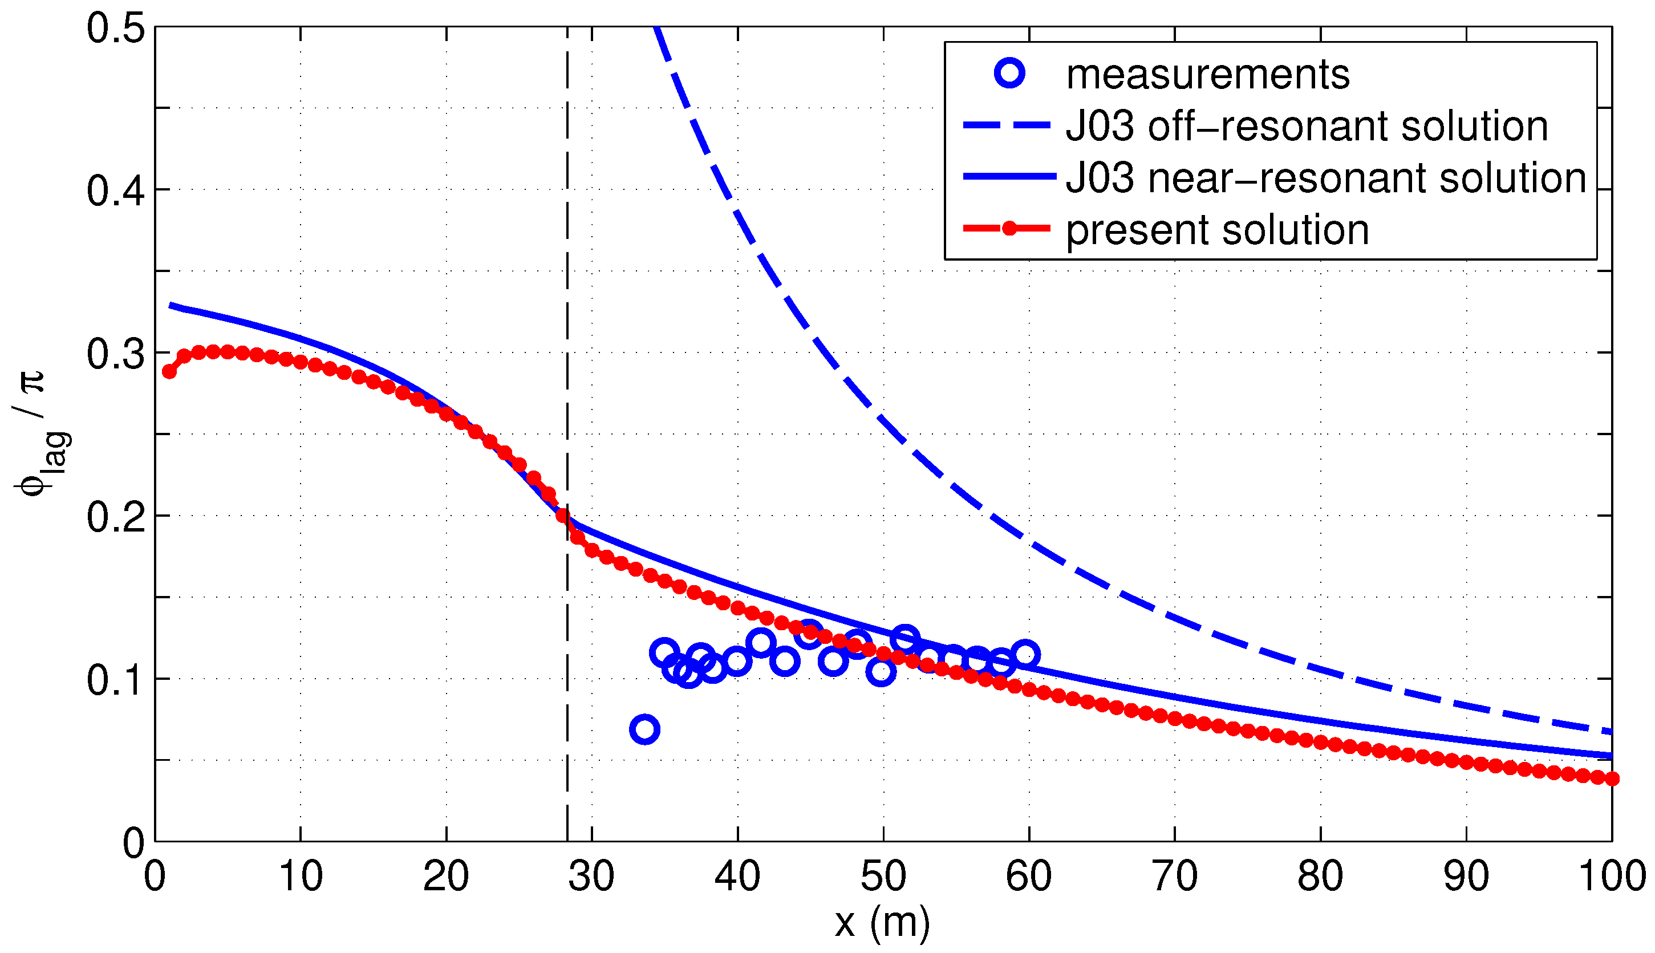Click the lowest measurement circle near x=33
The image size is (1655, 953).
pyautogui.click(x=644, y=729)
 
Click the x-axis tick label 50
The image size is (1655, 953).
pyautogui.click(x=883, y=877)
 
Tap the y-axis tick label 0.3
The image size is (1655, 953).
pyautogui.click(x=116, y=354)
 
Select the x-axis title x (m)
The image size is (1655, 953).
pyautogui.click(x=882, y=923)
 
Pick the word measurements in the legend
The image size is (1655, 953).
pyautogui.click(x=1207, y=75)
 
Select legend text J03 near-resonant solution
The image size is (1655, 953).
pyautogui.click(x=1326, y=178)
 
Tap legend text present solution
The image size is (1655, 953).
pyautogui.click(x=1217, y=230)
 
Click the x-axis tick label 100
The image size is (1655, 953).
pyautogui.click(x=1612, y=877)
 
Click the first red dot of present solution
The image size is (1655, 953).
pyautogui.click(x=169, y=371)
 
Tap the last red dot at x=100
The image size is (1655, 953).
pyautogui.click(x=1612, y=778)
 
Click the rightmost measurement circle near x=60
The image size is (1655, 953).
pyautogui.click(x=1025, y=654)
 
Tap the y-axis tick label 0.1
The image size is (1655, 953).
pyautogui.click(x=116, y=680)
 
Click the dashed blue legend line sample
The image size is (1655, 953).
pyautogui.click(x=1008, y=125)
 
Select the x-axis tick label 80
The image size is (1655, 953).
pyautogui.click(x=1320, y=877)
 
